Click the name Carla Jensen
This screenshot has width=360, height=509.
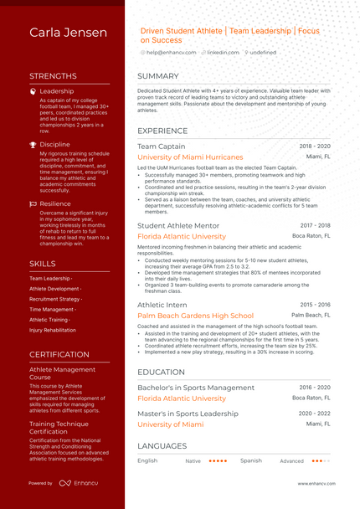[x=69, y=33]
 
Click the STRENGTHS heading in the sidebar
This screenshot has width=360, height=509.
[x=53, y=75]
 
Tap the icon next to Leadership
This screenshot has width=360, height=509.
[x=33, y=91]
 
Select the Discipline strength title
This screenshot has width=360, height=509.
[x=55, y=144]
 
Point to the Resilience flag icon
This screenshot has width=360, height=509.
[x=33, y=203]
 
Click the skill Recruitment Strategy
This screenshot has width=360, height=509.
[x=55, y=299]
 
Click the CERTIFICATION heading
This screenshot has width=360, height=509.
[x=59, y=354]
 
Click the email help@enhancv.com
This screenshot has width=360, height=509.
[x=171, y=53]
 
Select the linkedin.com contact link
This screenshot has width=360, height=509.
[x=222, y=53]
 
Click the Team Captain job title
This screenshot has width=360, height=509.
[x=162, y=146]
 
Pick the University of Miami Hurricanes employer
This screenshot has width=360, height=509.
[x=190, y=157]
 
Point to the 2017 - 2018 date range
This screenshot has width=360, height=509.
[x=315, y=225]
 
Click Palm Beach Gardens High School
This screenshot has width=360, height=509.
[x=195, y=316]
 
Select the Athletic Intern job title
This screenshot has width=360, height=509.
[x=162, y=305]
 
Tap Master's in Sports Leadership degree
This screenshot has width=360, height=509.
[x=188, y=414]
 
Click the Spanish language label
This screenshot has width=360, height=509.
[x=250, y=460]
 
